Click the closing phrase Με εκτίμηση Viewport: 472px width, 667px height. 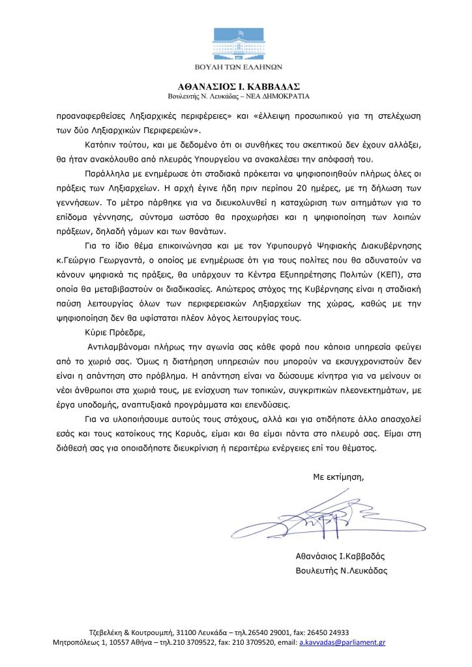[x=339, y=477]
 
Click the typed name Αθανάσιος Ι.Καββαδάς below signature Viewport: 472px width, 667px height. [x=340, y=556]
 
